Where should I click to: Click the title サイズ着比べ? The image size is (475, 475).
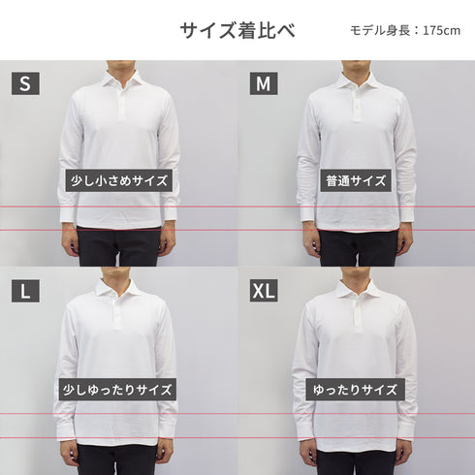(237, 31)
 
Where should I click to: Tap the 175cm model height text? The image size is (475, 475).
(405, 31)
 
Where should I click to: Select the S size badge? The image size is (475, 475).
(25, 83)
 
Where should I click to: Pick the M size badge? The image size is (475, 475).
(264, 83)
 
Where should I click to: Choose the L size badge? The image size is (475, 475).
(25, 291)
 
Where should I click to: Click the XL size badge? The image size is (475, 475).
(264, 291)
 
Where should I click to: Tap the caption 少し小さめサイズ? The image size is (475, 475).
(119, 180)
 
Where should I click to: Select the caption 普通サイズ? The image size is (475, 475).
(356, 180)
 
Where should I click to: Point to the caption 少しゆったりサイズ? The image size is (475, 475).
(117, 390)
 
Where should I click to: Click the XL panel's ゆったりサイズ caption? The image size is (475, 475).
(356, 390)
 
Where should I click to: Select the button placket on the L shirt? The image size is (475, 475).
(115, 313)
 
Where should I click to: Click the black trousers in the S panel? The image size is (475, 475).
(119, 247)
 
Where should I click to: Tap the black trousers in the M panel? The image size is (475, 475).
(358, 248)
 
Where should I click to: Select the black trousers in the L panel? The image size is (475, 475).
(118, 459)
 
